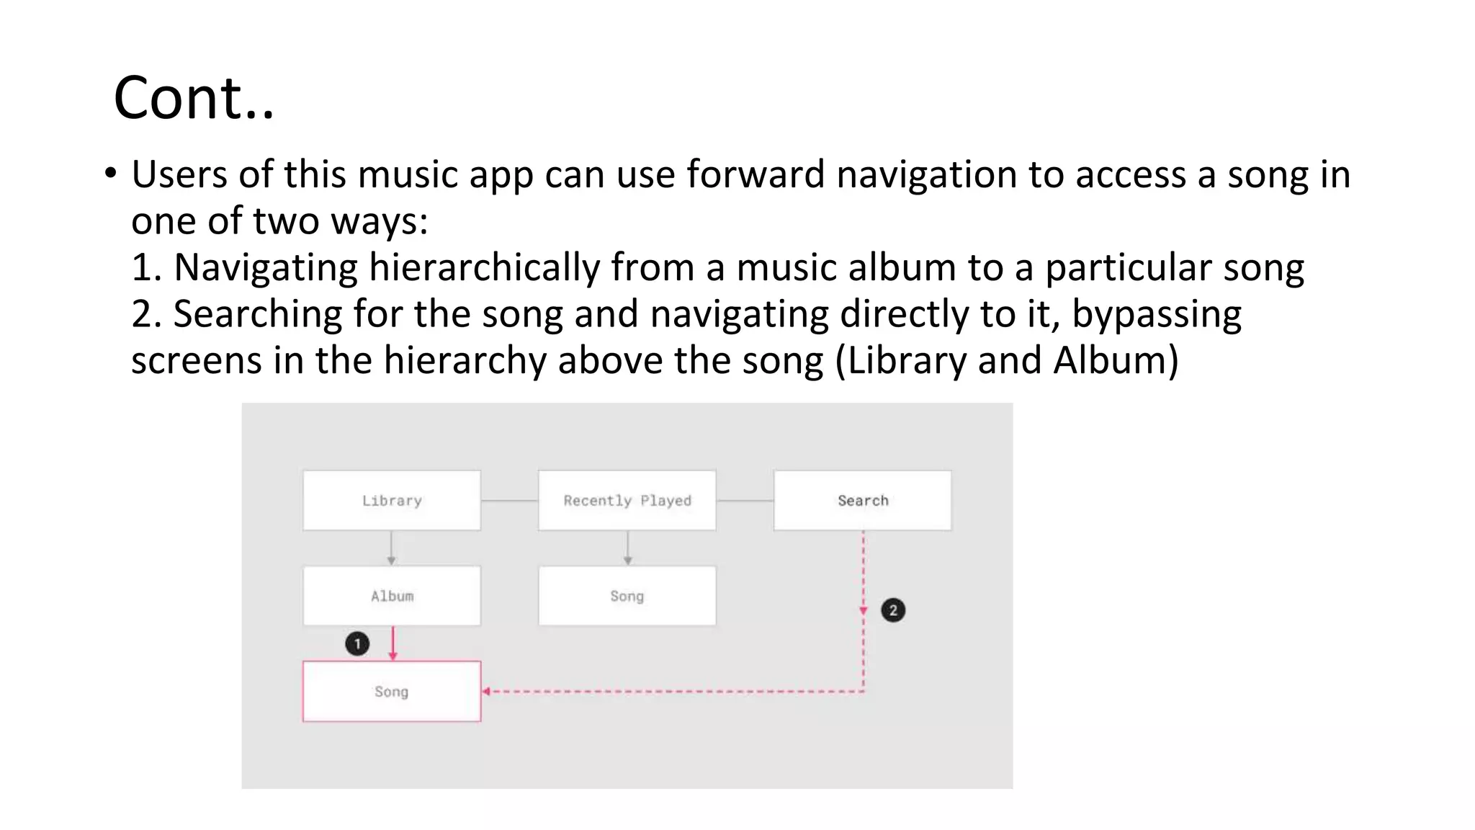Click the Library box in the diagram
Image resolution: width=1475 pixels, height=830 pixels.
coord(392,501)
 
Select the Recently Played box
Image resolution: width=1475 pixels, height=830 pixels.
coord(627,501)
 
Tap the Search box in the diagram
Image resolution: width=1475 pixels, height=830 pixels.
coord(862,501)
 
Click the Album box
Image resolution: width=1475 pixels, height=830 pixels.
coord(392,596)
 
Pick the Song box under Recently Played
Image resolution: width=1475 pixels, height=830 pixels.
coord(627,596)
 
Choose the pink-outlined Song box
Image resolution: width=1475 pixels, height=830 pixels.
coord(392,692)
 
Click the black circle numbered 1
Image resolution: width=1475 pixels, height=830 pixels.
coord(357,643)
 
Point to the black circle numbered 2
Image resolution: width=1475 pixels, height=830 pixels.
coord(893,610)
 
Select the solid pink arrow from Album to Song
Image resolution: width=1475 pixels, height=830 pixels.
coord(393,643)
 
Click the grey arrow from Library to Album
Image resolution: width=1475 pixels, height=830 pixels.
coord(391,548)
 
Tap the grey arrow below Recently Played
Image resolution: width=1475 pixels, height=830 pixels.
coord(627,548)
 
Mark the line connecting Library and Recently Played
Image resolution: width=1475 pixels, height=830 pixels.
coord(509,501)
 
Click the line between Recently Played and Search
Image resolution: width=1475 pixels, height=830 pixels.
coord(745,501)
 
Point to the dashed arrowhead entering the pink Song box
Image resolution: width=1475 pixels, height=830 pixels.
coord(487,692)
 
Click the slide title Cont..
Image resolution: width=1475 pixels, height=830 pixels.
coord(194,98)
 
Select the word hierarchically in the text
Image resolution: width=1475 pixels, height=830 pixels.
coord(484,268)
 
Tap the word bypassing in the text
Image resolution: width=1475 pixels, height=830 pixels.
coord(1157,315)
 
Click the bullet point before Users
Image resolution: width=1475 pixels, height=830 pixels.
coord(110,173)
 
